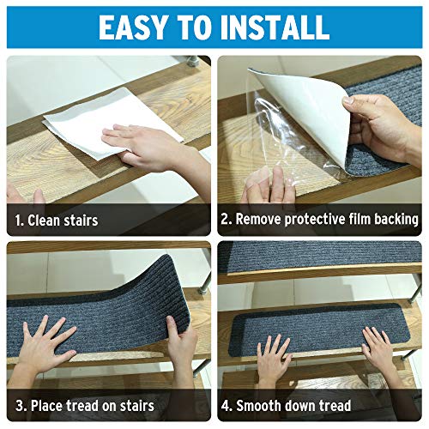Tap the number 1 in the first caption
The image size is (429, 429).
[x=18, y=221]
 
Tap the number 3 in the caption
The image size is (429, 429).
[x=18, y=405]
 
